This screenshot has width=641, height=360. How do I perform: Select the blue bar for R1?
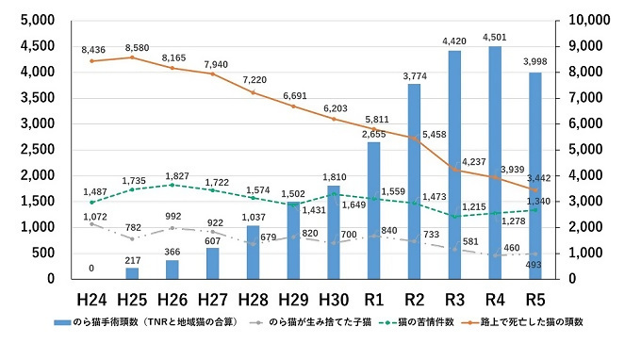(x=373, y=210)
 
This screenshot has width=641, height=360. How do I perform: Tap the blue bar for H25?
(x=131, y=273)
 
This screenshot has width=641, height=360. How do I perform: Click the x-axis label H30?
(x=333, y=299)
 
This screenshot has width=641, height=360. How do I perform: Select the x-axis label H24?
(x=90, y=299)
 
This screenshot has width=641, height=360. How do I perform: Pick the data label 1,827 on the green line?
(x=173, y=174)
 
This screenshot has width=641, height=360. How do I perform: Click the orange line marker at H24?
(x=91, y=61)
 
